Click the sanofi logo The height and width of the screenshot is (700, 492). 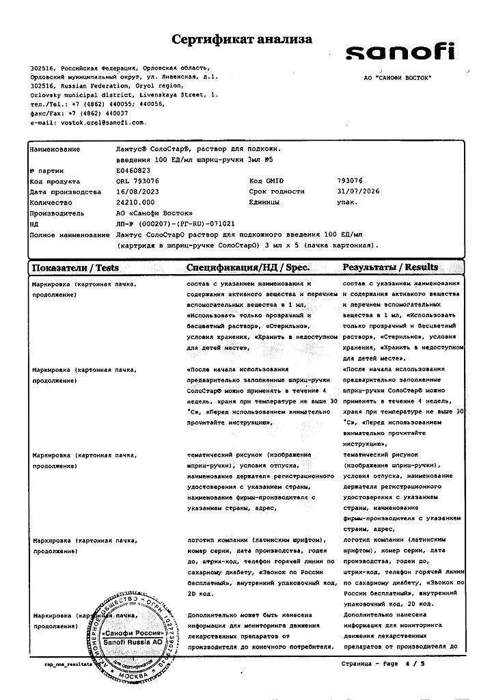click(x=400, y=53)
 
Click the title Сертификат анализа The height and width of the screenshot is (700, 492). click(x=242, y=40)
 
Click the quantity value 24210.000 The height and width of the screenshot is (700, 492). click(x=136, y=202)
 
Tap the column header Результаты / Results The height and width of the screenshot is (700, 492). click(x=391, y=267)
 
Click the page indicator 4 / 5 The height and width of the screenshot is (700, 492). click(x=414, y=664)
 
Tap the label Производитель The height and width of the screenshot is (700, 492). click(x=56, y=213)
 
